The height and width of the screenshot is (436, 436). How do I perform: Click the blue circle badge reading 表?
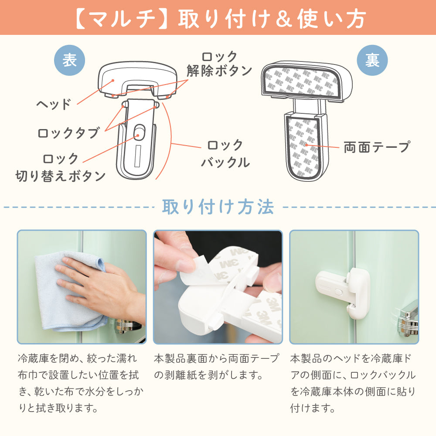pyautogui.click(x=69, y=60)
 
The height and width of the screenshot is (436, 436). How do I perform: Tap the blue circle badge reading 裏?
pyautogui.click(x=372, y=60)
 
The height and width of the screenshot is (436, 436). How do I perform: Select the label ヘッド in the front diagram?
pyautogui.click(x=53, y=104)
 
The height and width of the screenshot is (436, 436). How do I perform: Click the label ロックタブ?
pyautogui.click(x=68, y=133)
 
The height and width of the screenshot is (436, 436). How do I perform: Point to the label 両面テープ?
pyautogui.click(x=377, y=147)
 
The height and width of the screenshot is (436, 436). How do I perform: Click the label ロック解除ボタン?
pyautogui.click(x=219, y=64)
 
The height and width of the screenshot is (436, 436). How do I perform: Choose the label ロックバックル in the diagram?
pyautogui.click(x=225, y=154)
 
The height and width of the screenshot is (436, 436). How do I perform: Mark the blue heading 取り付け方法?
pyautogui.click(x=218, y=207)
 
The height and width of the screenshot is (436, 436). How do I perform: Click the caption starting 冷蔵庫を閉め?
pyautogui.click(x=81, y=383)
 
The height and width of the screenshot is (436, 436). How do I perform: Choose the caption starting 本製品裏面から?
pyautogui.click(x=216, y=367)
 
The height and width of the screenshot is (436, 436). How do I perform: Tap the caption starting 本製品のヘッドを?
pyautogui.click(x=353, y=383)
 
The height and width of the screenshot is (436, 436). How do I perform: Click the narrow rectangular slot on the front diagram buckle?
pyautogui.click(x=137, y=156)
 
